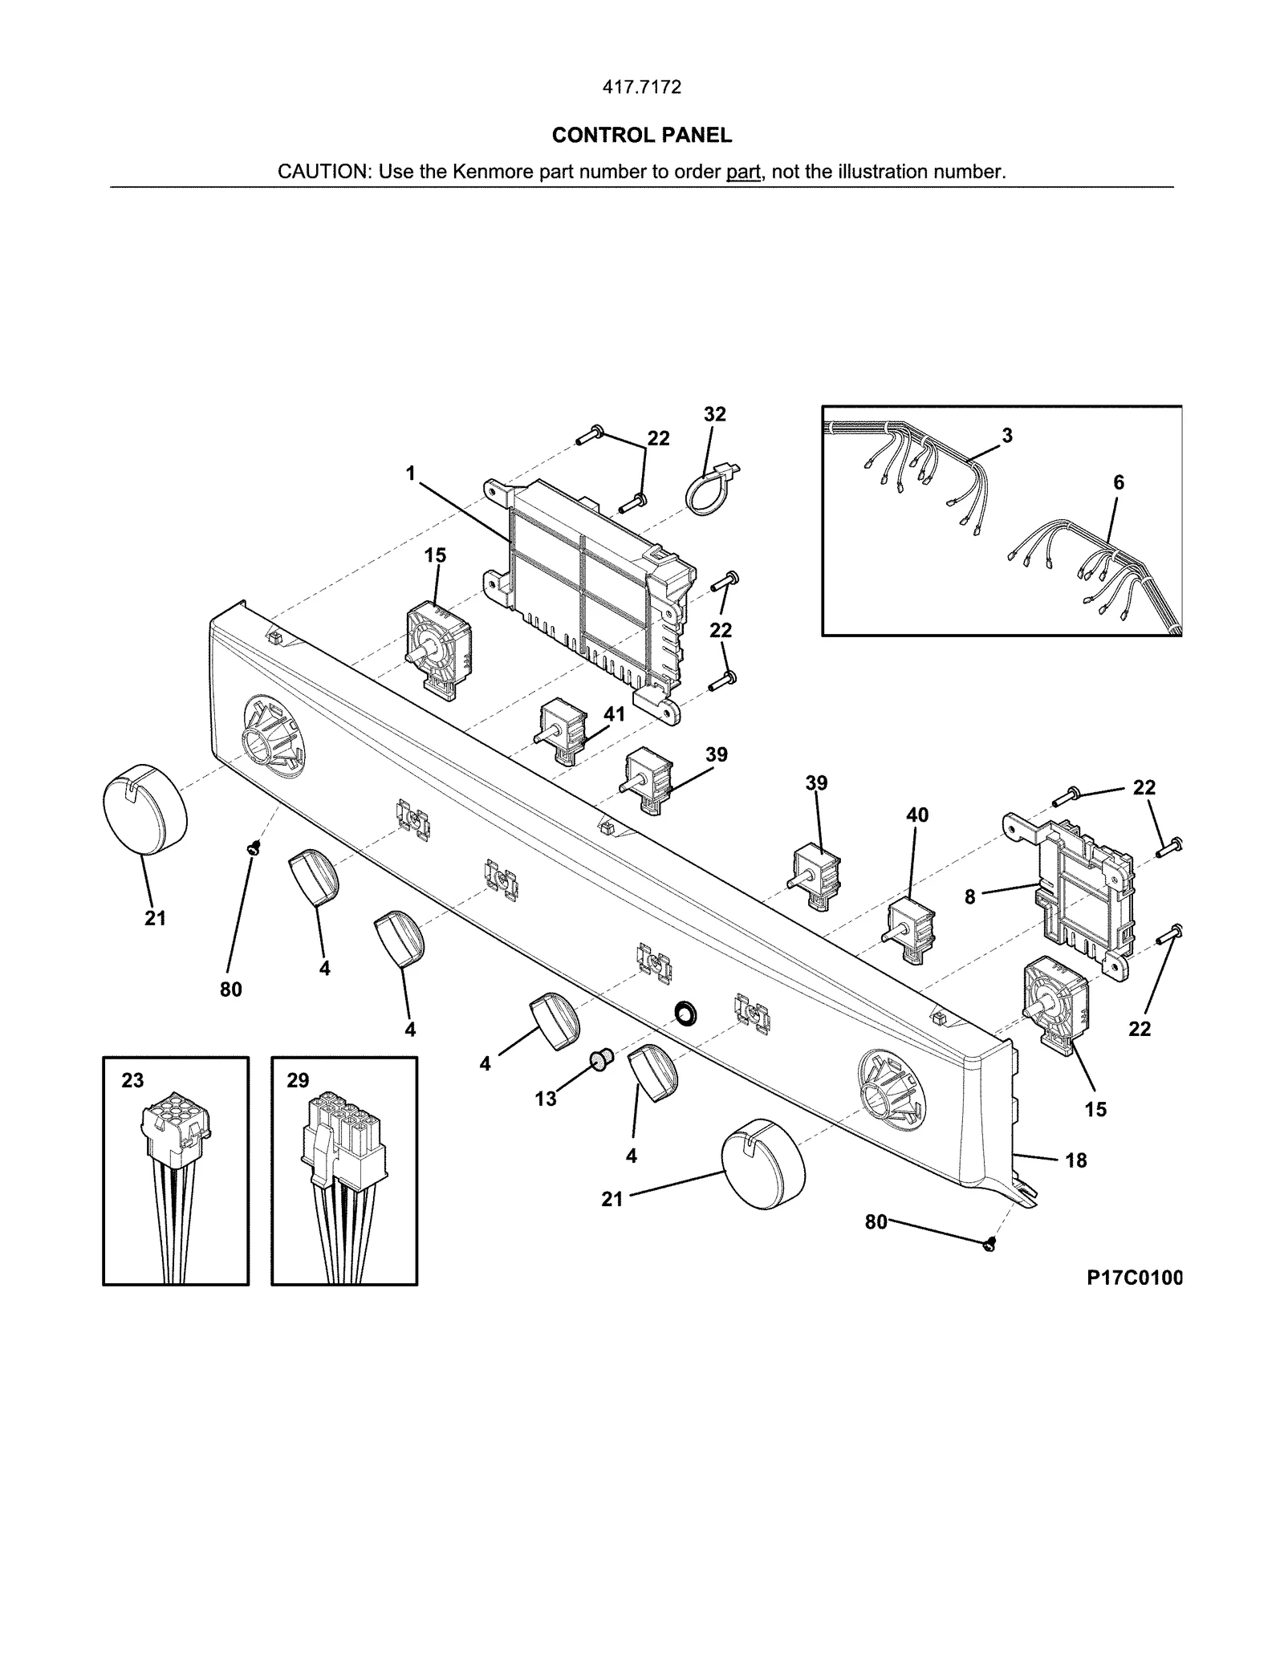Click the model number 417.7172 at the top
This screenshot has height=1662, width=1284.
tap(641, 87)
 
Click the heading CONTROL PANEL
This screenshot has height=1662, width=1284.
tap(641, 136)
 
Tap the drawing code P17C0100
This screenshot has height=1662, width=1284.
tap(1134, 1278)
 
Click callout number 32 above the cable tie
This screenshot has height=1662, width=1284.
tap(714, 414)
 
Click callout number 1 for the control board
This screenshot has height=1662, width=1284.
tap(411, 473)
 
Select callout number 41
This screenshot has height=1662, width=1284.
tap(614, 714)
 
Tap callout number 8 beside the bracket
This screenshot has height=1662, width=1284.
tap(969, 897)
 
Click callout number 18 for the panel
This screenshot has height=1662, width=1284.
tap(1075, 1160)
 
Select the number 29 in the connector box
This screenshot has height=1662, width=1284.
tap(298, 1080)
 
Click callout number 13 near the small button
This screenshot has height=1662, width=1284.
tap(546, 1099)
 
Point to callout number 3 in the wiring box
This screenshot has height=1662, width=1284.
tap(1006, 435)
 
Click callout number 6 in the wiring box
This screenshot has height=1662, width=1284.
tap(1118, 482)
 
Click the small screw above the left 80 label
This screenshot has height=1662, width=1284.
tap(254, 847)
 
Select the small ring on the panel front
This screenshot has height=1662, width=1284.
tap(685, 1014)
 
